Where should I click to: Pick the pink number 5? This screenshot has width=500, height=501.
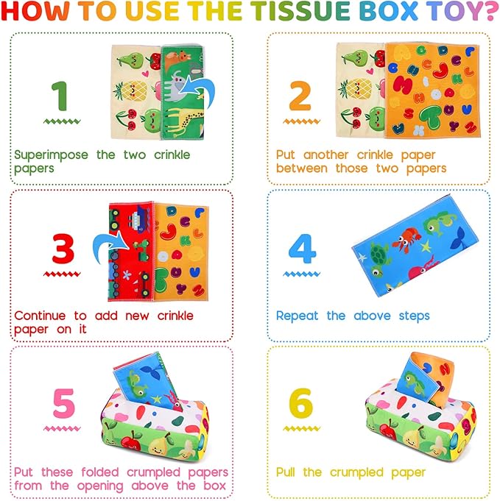coord(63,403)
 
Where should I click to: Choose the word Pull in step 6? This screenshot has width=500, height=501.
coord(289,472)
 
